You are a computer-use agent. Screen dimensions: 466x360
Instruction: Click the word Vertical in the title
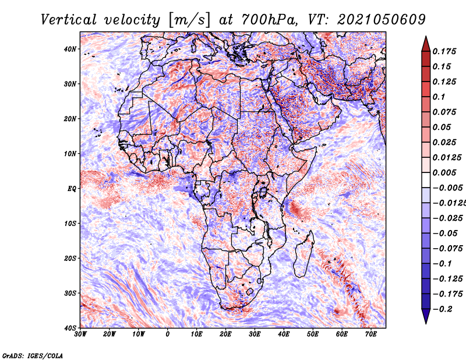coord(69,20)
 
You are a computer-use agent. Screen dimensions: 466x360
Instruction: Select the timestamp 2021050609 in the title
coord(382,20)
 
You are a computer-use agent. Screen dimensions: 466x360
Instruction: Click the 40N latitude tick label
coord(70,49)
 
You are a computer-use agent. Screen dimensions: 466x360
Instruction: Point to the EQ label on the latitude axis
coord(72,189)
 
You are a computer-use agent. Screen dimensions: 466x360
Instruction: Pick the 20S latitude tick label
coord(70,258)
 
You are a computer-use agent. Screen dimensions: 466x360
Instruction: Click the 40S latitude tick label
coord(70,328)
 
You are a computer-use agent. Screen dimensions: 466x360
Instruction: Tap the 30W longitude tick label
coord(80,334)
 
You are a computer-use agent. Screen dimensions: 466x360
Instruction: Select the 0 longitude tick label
coord(168,334)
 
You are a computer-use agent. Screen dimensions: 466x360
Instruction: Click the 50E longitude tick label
coord(313,334)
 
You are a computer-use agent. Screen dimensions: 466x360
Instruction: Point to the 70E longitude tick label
coord(371,334)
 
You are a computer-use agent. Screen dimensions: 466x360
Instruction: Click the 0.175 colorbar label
coord(444,51)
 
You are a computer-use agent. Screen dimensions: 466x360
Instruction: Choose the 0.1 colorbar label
coord(439,97)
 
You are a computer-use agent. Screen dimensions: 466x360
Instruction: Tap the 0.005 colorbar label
coord(444,172)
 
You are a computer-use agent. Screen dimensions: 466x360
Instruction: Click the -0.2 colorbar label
coord(442,309)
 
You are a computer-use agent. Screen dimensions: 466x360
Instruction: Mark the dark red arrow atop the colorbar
coord(426,44)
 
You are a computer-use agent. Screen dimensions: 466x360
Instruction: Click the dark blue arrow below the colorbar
coord(426,316)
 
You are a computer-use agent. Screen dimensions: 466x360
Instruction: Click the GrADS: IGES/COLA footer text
coord(33,356)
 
